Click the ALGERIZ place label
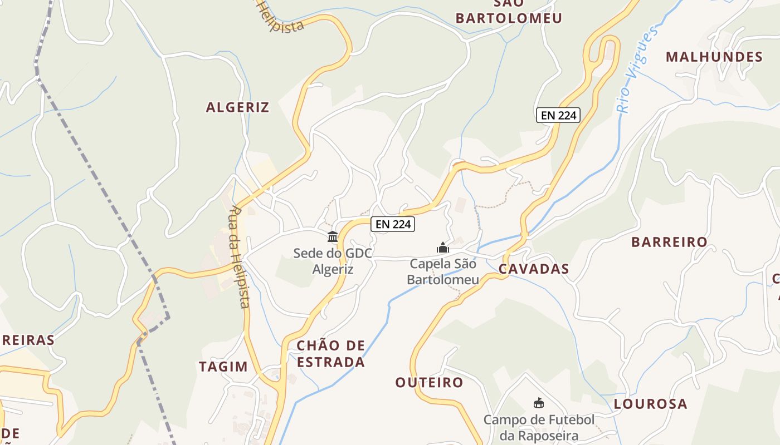pos(238,107)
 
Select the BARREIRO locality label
pos(669,242)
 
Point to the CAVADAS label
pos(534,269)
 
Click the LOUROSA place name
pos(650,404)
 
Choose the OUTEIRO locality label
pos(429,383)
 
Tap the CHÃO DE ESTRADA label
pos(331,354)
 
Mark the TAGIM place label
pos(223,367)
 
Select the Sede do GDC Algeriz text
pos(333,261)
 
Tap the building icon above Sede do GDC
pos(333,237)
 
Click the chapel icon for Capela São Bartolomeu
pos(443,248)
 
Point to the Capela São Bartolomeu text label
pos(443,271)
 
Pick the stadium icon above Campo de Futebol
pos(539,403)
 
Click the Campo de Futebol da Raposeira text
pos(539,427)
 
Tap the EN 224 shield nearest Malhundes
pos(558,115)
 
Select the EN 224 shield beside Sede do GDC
pos(393,224)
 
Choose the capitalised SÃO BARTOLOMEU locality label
pos(509,11)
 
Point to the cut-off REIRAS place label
pos(27,340)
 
